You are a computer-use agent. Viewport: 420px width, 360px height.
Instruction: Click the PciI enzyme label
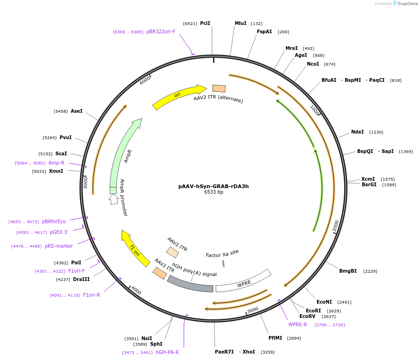coord(205,23)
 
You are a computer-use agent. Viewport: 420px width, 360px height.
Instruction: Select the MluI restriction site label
coord(241,23)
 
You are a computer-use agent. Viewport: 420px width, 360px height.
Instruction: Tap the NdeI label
coord(357,132)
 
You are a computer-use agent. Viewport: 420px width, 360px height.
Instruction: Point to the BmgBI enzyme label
coord(348,271)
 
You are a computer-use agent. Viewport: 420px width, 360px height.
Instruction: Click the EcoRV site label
coord(307,316)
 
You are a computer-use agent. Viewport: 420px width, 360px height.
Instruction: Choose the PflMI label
coord(275,338)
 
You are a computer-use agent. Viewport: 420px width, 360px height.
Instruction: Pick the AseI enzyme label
coord(77,111)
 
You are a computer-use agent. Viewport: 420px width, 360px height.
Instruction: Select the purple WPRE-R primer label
coord(298,324)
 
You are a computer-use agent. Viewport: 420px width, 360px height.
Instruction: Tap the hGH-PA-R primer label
coord(167,352)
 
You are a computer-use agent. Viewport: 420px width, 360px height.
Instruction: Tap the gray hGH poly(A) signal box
coord(190,283)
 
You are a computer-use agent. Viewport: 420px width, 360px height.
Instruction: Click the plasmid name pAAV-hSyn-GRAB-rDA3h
coord(213,187)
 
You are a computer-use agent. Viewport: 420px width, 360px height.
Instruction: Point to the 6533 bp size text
coord(213,192)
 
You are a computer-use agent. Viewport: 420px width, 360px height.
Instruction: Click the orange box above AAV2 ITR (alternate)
coord(219,88)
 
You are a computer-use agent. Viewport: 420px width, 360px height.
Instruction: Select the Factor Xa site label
coord(222,254)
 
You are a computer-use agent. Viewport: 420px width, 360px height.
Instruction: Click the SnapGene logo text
coord(408,3)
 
